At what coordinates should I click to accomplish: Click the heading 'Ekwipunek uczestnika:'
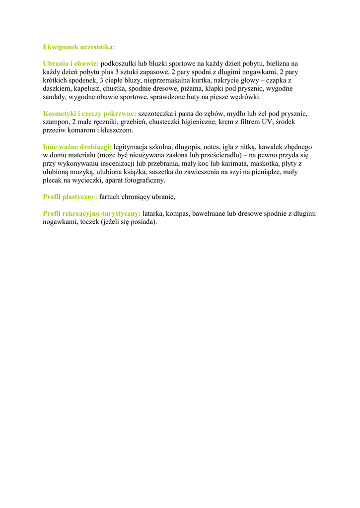point(79,47)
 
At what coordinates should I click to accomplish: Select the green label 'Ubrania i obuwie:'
point(71,63)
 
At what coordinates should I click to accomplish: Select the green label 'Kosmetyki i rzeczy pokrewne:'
point(89,114)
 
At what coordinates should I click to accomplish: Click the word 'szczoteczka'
point(156,114)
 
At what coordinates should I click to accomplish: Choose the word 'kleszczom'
point(117,130)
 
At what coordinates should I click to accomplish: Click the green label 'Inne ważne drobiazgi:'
point(77,147)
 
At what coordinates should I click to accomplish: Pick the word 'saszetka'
point(162,172)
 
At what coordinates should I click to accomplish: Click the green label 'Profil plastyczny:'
point(70,197)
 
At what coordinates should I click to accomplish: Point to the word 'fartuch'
point(110,197)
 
